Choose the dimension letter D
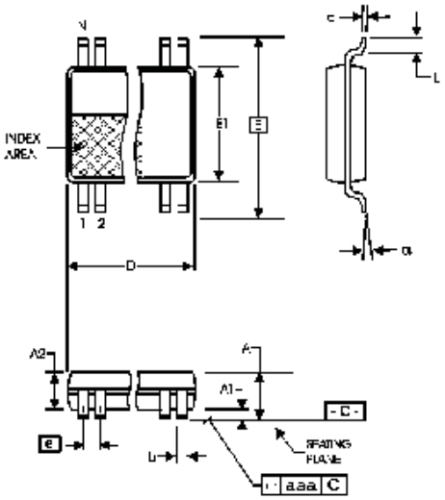click(130, 262)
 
